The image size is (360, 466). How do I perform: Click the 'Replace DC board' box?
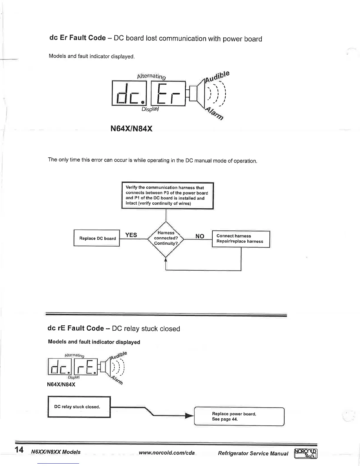pyautogui.click(x=97, y=238)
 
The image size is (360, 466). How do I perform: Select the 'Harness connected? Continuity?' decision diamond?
pyautogui.click(x=166, y=238)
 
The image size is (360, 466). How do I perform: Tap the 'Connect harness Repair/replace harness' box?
pyautogui.click(x=241, y=239)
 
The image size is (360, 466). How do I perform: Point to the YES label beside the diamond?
pyautogui.click(x=131, y=235)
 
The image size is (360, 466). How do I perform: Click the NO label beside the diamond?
pyautogui.click(x=200, y=236)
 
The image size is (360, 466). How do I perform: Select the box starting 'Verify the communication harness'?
pyautogui.click(x=167, y=196)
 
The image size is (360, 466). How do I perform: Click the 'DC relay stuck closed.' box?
pyautogui.click(x=79, y=407)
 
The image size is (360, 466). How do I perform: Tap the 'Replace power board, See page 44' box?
pyautogui.click(x=239, y=416)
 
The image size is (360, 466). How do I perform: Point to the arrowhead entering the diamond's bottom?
pyautogui.click(x=166, y=259)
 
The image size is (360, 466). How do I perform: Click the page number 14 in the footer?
pyautogui.click(x=19, y=450)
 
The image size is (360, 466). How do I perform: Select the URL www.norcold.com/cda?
pyautogui.click(x=166, y=453)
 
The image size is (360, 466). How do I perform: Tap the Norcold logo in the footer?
pyautogui.click(x=306, y=453)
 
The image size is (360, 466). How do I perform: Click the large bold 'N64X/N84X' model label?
pyautogui.click(x=131, y=129)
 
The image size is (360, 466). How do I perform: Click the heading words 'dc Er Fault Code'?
pyautogui.click(x=77, y=38)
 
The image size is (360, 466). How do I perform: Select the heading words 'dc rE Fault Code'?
pyautogui.click(x=76, y=328)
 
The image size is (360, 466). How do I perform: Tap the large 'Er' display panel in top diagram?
pyautogui.click(x=168, y=94)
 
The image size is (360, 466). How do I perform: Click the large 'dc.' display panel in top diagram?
pyautogui.click(x=130, y=94)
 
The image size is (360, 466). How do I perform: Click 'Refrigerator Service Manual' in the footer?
pyautogui.click(x=253, y=453)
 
